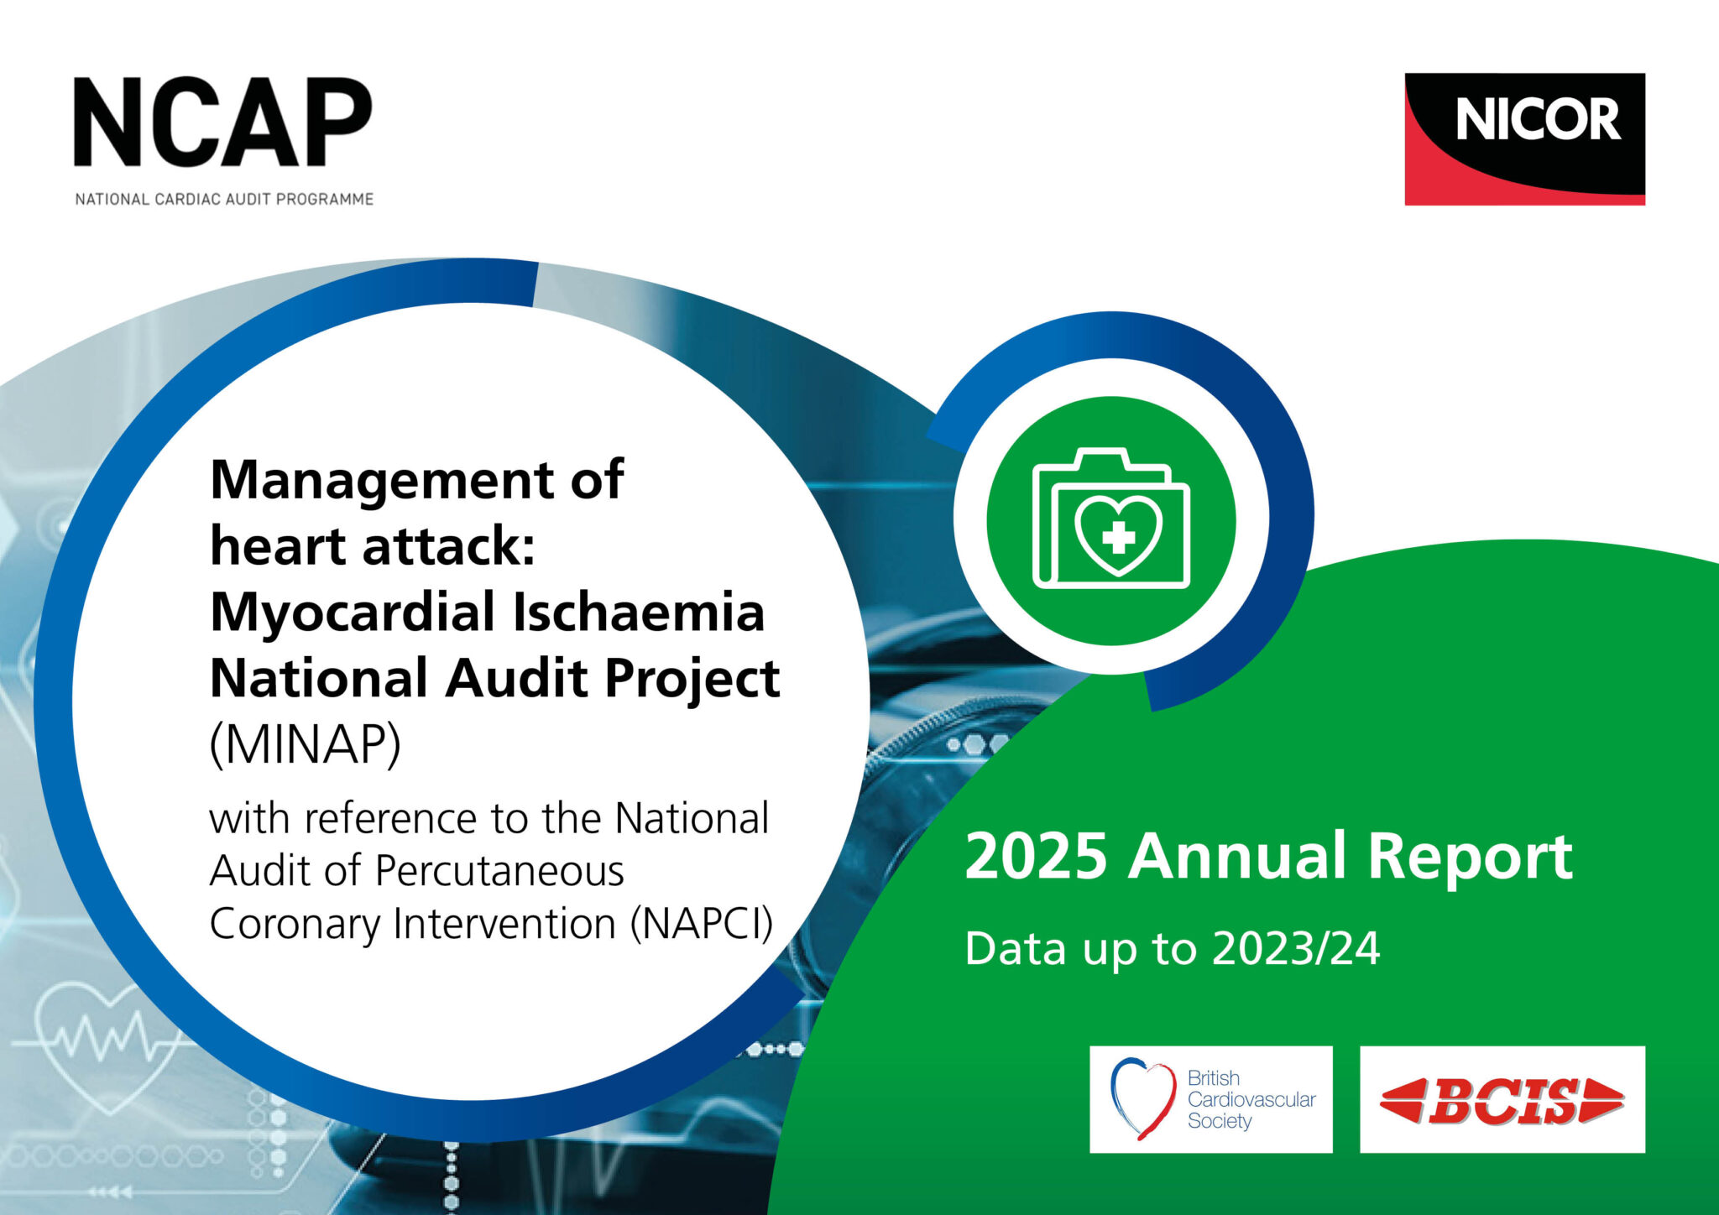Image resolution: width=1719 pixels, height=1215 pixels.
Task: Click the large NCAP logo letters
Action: [222, 123]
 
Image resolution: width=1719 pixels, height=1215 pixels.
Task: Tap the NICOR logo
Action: [1524, 138]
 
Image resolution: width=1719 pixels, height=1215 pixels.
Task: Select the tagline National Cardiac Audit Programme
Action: [224, 200]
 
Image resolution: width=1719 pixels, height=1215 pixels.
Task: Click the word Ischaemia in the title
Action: [639, 613]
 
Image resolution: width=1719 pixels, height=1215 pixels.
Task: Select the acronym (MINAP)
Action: [305, 743]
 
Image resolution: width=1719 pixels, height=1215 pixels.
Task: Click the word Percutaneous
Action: [499, 871]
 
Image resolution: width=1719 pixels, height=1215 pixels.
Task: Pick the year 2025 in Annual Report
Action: [1036, 857]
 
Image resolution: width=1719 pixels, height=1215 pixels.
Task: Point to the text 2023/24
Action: [1296, 949]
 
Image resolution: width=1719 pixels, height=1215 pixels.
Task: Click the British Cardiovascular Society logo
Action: [1210, 1099]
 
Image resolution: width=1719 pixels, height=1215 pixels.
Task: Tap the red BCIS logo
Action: [1502, 1100]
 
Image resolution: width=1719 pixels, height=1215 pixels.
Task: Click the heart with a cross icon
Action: [1118, 534]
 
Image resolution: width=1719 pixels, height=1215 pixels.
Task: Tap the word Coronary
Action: [295, 924]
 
